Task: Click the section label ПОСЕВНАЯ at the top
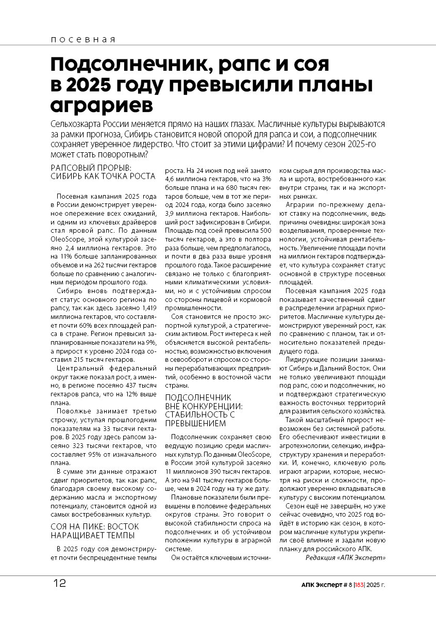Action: click(x=83, y=39)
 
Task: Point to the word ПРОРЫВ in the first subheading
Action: click(x=106, y=167)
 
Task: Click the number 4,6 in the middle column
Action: click(x=170, y=179)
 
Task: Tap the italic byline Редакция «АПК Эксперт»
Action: click(x=345, y=558)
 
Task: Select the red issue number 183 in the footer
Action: click(x=360, y=585)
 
